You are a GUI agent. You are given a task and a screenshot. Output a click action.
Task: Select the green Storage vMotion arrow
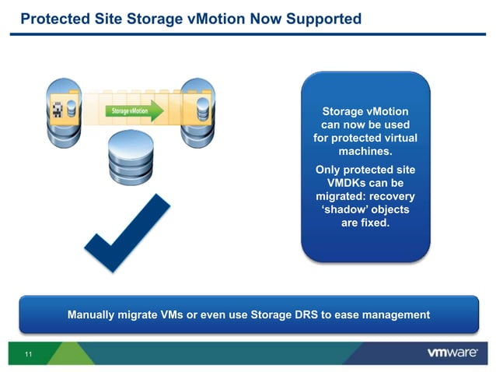point(135,111)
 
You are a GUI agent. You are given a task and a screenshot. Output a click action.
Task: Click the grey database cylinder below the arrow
point(128,156)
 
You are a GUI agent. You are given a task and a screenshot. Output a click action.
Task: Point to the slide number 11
point(28,356)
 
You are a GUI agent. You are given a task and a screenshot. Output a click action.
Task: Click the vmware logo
point(452,353)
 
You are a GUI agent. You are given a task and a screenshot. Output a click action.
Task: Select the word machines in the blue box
point(365,151)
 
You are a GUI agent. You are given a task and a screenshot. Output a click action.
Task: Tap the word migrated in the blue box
point(337,196)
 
